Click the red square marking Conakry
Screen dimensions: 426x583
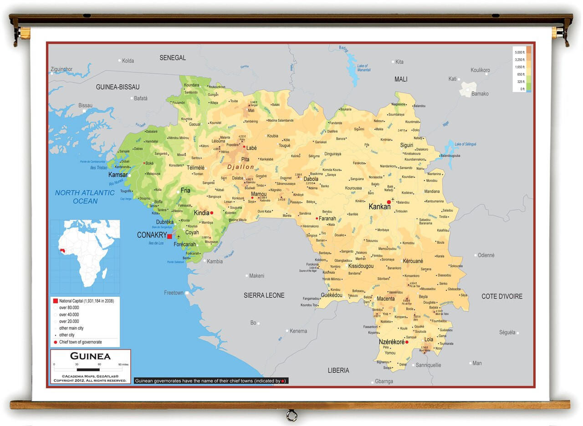pyautogui.click(x=169, y=236)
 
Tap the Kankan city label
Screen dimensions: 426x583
pyautogui.click(x=379, y=207)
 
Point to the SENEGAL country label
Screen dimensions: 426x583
pyautogui.click(x=173, y=58)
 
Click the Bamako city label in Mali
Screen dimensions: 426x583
pyautogui.click(x=480, y=94)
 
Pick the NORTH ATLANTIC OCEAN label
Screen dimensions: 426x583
pyautogui.click(x=85, y=197)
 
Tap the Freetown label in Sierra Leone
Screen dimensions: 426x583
pyautogui.click(x=174, y=293)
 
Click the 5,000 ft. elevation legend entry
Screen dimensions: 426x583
pyautogui.click(x=520, y=53)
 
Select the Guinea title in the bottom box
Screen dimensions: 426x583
pyautogui.click(x=90, y=356)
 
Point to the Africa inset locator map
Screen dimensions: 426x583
pyautogui.click(x=85, y=256)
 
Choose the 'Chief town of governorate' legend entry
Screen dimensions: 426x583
pyautogui.click(x=80, y=342)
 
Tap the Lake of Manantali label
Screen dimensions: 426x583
pyautogui.click(x=363, y=68)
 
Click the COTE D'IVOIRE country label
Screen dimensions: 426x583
pyautogui.click(x=502, y=296)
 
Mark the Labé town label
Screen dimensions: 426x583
pyautogui.click(x=251, y=148)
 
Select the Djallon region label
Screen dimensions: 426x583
pyautogui.click(x=240, y=167)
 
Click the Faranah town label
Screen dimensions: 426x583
pyautogui.click(x=327, y=218)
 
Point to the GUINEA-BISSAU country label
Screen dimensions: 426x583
pyautogui.click(x=118, y=87)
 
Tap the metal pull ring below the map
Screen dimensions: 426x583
pyautogui.click(x=291, y=416)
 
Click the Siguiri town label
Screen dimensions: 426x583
pyautogui.click(x=406, y=145)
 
